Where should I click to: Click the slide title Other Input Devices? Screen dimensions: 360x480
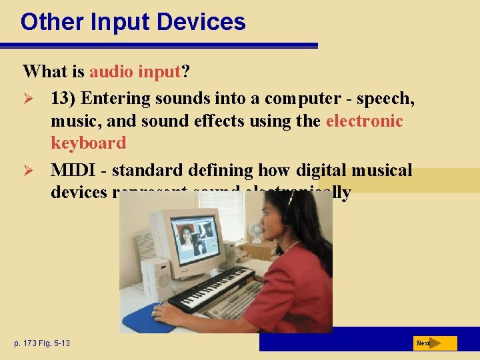[133, 22]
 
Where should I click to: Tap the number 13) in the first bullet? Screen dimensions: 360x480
[64, 99]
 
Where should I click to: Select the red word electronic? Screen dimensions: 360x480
[364, 121]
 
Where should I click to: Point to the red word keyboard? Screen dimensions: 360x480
[88, 143]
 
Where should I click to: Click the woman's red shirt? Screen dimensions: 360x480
[300, 287]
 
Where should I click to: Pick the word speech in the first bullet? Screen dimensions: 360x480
[385, 99]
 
